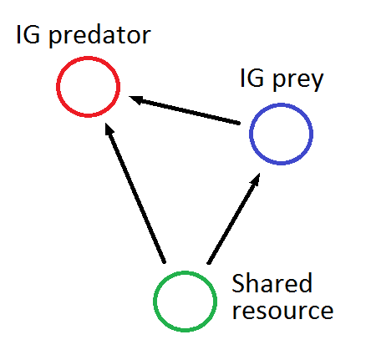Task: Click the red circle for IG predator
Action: coord(57,87)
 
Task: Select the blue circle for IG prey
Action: coord(250,134)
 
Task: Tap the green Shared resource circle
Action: coord(154,302)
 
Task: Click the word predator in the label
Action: coord(100,36)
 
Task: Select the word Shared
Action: coord(272,283)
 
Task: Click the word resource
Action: coord(282,311)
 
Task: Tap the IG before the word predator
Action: coord(28,34)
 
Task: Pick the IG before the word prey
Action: coord(252,78)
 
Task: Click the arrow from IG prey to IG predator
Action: coord(184,110)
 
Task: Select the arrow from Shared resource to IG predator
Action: coord(135,193)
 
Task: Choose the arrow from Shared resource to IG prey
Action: coord(234,218)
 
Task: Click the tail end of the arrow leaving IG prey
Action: coord(239,123)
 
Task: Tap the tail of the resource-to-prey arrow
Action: coord(209,262)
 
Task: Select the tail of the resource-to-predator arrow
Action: coord(165,261)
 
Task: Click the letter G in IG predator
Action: coord(32,34)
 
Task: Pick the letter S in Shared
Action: coord(238,283)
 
